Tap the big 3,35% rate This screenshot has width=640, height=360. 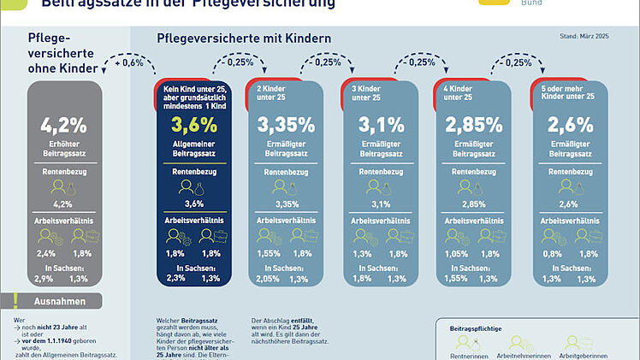(286, 126)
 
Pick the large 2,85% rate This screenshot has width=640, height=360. (473, 126)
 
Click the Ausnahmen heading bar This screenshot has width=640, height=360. (61, 301)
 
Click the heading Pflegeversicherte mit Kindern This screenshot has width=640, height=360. (244, 38)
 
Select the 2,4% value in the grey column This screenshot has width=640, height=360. (44, 253)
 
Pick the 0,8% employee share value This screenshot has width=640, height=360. (551, 253)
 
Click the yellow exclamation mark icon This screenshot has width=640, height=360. (15, 300)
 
